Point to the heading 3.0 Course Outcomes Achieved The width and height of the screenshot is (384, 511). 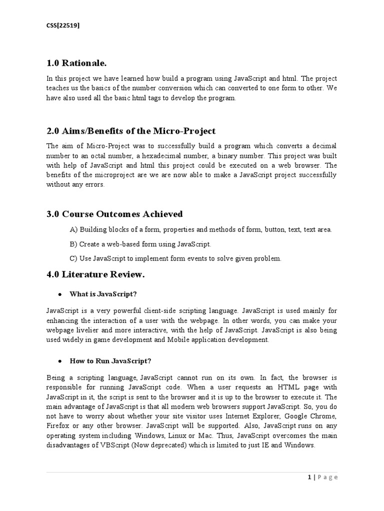114,214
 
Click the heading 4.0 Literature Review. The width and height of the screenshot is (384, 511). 95,274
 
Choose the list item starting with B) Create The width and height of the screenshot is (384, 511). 140,244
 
